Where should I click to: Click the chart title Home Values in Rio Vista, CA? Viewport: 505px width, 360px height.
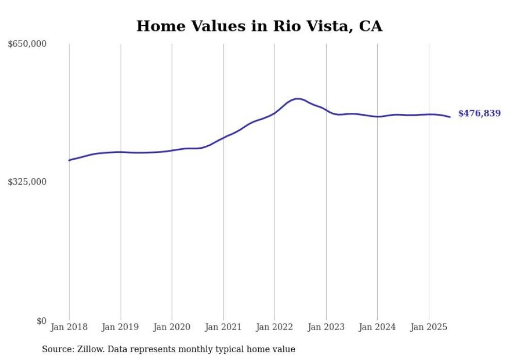point(259,26)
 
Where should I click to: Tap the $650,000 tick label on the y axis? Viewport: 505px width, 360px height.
point(27,44)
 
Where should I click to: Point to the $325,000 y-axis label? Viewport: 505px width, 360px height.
point(27,182)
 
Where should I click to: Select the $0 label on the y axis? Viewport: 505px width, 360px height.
point(41,321)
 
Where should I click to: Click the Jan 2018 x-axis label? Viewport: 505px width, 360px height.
point(69,327)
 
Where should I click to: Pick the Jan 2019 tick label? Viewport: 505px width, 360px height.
point(120,327)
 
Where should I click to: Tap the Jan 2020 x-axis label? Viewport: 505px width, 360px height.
point(172,327)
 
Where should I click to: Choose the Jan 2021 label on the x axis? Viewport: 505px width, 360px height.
point(223,327)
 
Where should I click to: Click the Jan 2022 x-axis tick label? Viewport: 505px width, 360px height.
point(274,327)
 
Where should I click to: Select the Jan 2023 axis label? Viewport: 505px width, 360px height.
point(326,327)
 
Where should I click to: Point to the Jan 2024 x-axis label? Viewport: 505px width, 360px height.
point(377,327)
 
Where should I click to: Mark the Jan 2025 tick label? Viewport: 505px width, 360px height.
point(428,327)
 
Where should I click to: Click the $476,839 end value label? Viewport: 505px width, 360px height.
point(479,113)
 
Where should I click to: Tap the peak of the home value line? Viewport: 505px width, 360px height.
point(297,98)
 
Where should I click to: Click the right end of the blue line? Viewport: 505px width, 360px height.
point(450,117)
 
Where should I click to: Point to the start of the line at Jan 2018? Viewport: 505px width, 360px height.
point(69,160)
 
